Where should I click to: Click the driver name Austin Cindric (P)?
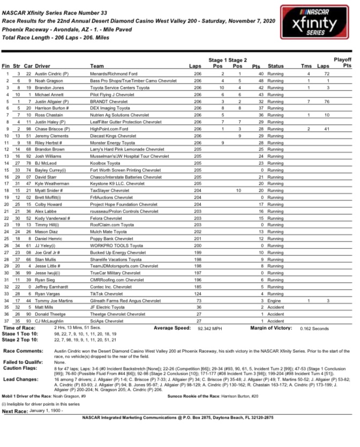pos(54,73)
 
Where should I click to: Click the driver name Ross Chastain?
pos(49,115)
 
